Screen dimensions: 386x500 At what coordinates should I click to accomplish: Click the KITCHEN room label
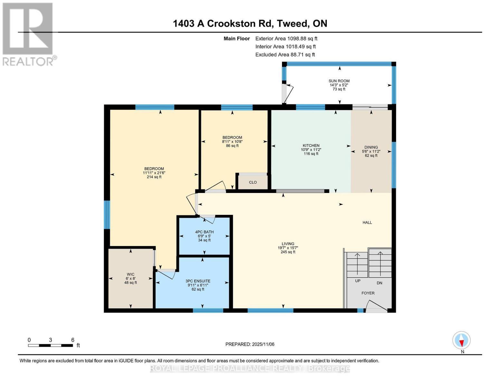pyautogui.click(x=311, y=145)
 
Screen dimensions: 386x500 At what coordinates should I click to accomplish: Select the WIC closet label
pyautogui.click(x=130, y=274)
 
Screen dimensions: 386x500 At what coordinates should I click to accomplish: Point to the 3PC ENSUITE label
pyautogui.click(x=198, y=281)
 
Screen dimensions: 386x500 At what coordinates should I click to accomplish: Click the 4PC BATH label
pyautogui.click(x=204, y=232)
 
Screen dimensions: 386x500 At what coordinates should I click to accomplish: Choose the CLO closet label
pyautogui.click(x=253, y=182)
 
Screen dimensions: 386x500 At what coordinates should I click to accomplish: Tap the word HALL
pyautogui.click(x=367, y=222)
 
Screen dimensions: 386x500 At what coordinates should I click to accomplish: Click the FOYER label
pyautogui.click(x=368, y=293)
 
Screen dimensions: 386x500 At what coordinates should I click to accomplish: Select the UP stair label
pyautogui.click(x=357, y=281)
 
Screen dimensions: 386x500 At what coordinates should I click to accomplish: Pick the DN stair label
pyautogui.click(x=379, y=283)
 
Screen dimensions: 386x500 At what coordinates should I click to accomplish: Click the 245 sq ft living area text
pyautogui.click(x=288, y=252)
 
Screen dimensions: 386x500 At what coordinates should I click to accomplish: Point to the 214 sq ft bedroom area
pyautogui.click(x=154, y=177)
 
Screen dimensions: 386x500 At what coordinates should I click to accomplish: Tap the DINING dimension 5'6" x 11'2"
pyautogui.click(x=371, y=152)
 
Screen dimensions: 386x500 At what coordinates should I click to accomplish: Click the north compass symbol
pyautogui.click(x=461, y=340)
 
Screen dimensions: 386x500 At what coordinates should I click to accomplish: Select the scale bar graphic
pyautogui.click(x=50, y=345)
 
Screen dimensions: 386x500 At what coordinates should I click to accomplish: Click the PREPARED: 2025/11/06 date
pyautogui.click(x=250, y=344)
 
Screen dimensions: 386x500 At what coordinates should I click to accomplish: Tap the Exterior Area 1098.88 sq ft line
pyautogui.click(x=286, y=39)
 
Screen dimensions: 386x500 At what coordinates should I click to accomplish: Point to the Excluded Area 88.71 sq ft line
pyautogui.click(x=285, y=55)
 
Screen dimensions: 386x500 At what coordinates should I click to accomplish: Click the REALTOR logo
pyautogui.click(x=28, y=34)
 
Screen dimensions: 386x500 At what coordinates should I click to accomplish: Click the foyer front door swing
pyautogui.click(x=376, y=306)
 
